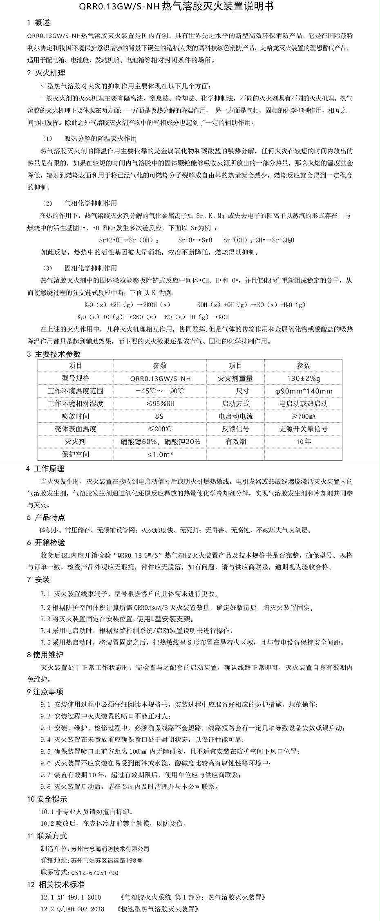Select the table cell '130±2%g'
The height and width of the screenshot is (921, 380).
tap(304, 379)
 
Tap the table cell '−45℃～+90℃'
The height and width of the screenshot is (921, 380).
tap(160, 391)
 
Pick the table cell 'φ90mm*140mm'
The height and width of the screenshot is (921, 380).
tap(304, 391)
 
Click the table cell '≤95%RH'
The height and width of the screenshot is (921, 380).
tap(160, 404)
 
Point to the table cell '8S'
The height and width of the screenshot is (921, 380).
tap(159, 417)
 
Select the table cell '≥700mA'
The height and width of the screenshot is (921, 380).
tap(304, 417)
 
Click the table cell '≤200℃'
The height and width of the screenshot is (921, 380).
tap(160, 429)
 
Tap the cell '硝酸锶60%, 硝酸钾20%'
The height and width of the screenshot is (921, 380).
tap(160, 442)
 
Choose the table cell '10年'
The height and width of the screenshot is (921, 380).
tap(304, 442)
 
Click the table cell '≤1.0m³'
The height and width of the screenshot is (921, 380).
tap(160, 455)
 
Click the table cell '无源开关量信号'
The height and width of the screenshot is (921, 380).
tap(304, 429)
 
